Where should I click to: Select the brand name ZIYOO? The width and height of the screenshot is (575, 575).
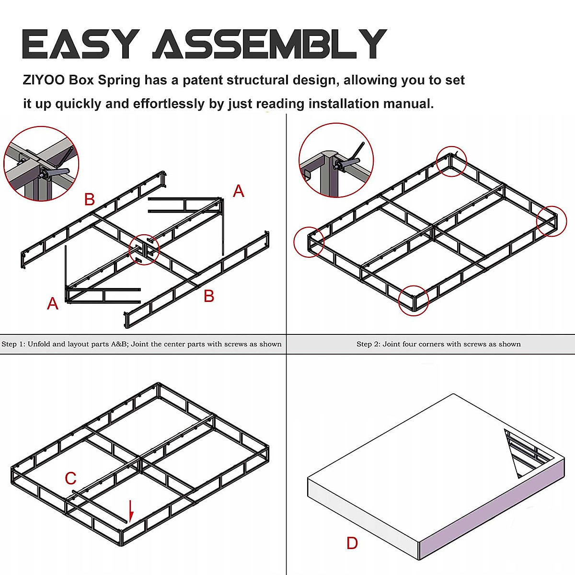[x=44, y=80]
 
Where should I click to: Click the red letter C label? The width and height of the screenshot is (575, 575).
[x=70, y=478]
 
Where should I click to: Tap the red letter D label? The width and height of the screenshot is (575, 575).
[x=352, y=543]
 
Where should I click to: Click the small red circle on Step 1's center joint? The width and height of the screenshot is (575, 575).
[x=144, y=249]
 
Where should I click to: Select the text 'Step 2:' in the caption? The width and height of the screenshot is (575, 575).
[x=368, y=344]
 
